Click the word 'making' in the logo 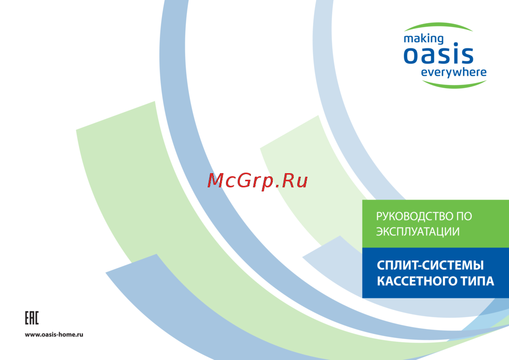tap(423, 39)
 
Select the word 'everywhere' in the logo tap(454, 72)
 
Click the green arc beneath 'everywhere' tap(455, 85)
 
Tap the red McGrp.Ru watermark tap(258, 181)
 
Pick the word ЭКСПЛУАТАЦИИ tap(418, 232)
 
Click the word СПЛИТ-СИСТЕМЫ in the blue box tap(430, 265)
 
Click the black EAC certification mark tap(32, 318)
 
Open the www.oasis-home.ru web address tap(54, 335)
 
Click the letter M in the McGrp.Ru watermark tap(215, 180)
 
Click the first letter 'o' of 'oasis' tap(410, 56)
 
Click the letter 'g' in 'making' tap(440, 40)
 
